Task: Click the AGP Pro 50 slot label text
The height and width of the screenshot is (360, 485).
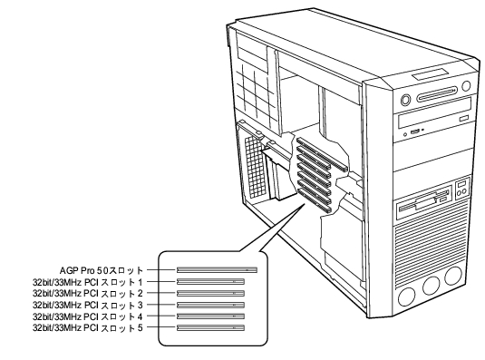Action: point(102,270)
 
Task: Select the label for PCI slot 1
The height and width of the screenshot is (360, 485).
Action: point(88,282)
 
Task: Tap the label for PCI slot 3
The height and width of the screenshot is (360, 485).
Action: point(88,305)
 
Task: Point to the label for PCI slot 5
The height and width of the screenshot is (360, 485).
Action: point(88,328)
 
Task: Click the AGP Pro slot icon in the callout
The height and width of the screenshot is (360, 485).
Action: point(217,270)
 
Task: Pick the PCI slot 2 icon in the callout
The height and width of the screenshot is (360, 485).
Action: point(210,293)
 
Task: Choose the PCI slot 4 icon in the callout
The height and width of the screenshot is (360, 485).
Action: point(210,316)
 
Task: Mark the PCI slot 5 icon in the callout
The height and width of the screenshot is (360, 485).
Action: point(210,327)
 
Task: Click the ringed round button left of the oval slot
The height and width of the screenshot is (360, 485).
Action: point(405,101)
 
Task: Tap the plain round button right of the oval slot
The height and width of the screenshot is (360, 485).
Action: point(466,86)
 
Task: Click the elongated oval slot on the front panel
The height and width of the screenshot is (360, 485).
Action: point(437,94)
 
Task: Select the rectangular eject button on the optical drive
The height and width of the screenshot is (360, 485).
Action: point(464,119)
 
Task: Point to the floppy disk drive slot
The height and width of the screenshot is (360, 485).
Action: point(423,201)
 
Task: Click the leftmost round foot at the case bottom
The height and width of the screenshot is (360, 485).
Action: point(406,297)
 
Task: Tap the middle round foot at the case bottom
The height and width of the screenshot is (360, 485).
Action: point(431,286)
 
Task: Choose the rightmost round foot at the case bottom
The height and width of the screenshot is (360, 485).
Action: point(453,276)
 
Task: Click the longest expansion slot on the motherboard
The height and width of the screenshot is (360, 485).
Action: point(323,154)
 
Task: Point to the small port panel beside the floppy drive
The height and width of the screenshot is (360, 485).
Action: point(461,189)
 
